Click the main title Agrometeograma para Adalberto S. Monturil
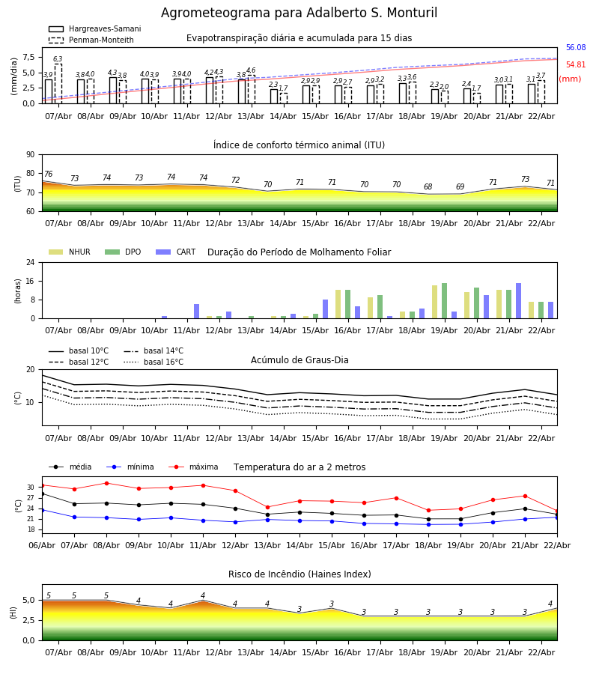coord(299,13)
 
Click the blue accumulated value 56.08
coord(575,48)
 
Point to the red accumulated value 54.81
coord(575,65)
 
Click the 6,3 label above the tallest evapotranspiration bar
coord(58,59)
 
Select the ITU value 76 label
coord(48,174)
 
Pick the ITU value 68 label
coord(428,187)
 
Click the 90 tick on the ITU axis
coord(30,155)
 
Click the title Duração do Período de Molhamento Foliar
coord(299,252)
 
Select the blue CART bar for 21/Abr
coord(518,300)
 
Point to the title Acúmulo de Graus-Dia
coord(299,360)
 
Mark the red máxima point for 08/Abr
coord(106,483)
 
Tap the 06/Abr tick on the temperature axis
coord(42,545)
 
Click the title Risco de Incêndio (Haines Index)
coord(299,574)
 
